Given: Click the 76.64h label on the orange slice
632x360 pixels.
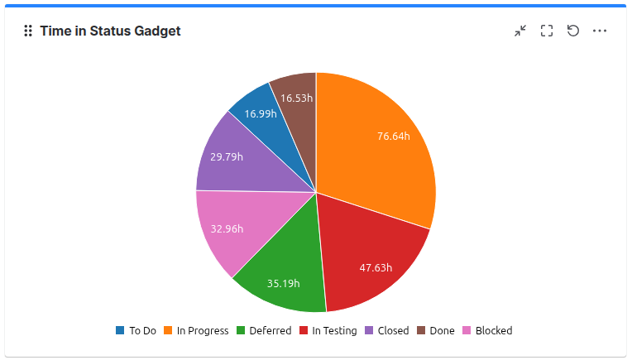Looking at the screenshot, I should pyautogui.click(x=394, y=136).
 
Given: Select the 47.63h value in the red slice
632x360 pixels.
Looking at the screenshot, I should pyautogui.click(x=376, y=267).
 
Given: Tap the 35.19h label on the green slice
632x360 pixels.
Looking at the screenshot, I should pyautogui.click(x=283, y=283).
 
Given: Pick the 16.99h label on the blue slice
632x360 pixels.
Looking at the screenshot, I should pyautogui.click(x=260, y=113).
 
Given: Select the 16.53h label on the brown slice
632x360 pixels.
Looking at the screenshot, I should pyautogui.click(x=296, y=98).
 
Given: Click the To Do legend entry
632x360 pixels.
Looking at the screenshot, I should pyautogui.click(x=136, y=330).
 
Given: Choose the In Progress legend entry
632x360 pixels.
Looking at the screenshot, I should pyautogui.click(x=195, y=330).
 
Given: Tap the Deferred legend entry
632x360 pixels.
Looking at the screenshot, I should pyautogui.click(x=264, y=330).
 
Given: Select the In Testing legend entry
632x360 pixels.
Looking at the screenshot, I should pyautogui.click(x=328, y=330).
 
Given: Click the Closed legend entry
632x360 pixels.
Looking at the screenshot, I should pyautogui.click(x=387, y=330).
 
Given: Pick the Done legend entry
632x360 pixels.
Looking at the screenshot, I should pyautogui.click(x=435, y=330).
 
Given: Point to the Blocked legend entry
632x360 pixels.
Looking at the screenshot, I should pyautogui.click(x=486, y=330).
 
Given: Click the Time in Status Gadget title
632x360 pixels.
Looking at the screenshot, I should pyautogui.click(x=110, y=31).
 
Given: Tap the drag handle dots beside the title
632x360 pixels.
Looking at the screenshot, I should pyautogui.click(x=28, y=31).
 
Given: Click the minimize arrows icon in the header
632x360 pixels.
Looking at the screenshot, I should pyautogui.click(x=520, y=31).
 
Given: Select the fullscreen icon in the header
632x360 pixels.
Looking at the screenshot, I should pyautogui.click(x=547, y=31).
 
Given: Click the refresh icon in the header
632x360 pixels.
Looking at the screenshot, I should pyautogui.click(x=573, y=31).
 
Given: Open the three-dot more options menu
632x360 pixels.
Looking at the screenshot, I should pyautogui.click(x=600, y=31).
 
